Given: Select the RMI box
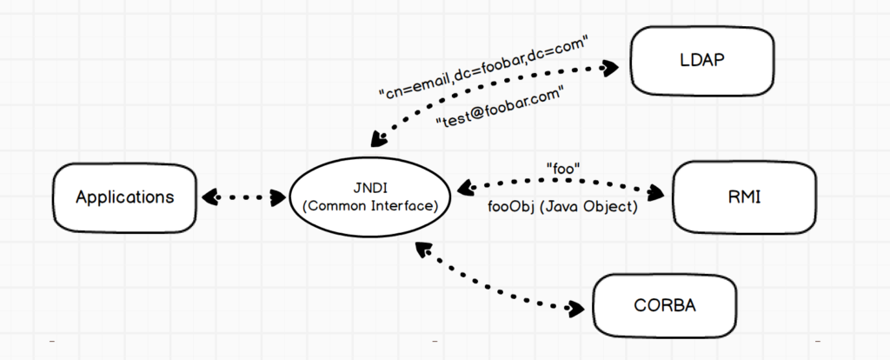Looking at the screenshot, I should coord(744,197).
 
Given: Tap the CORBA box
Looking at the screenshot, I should coord(665,306).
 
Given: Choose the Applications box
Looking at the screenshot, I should coord(124,197).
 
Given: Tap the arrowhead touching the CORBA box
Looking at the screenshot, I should coord(575,307).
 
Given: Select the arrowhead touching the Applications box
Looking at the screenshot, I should coord(208,197).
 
